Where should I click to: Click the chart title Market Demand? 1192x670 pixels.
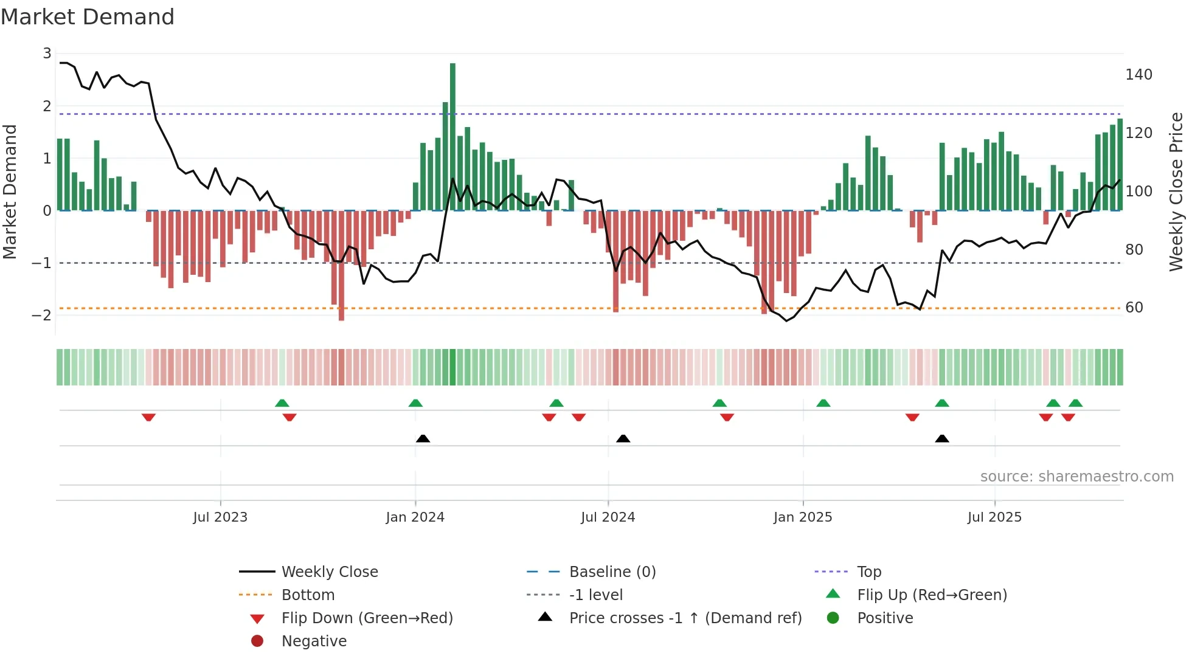88,17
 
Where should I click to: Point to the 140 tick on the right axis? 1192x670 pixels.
1138,75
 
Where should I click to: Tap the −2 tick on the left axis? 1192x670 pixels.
41,315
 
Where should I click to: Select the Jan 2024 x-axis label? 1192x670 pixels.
415,517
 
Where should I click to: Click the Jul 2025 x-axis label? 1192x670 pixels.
994,517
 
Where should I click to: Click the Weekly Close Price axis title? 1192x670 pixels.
1176,192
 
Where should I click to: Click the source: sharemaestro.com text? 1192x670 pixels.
1076,477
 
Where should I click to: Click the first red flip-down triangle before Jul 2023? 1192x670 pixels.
148,417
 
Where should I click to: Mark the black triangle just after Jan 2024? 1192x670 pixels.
423,438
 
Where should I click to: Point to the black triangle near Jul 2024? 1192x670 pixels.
623,438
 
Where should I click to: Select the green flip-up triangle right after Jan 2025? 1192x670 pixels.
823,403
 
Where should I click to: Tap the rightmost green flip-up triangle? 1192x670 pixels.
1075,403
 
